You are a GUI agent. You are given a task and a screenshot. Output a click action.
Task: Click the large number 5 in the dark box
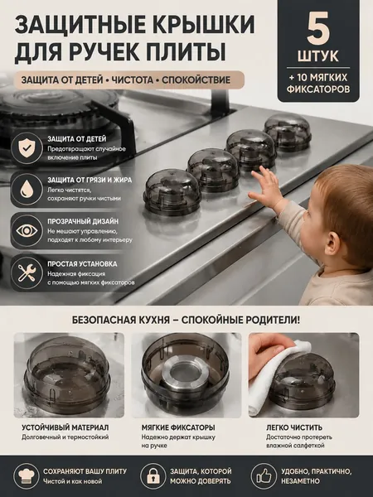pos(318,30)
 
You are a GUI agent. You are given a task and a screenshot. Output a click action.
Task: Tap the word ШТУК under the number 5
pos(318,56)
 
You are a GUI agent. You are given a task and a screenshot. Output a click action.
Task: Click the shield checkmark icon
pos(27,148)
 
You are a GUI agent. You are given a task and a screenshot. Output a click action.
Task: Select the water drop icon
pos(27,189)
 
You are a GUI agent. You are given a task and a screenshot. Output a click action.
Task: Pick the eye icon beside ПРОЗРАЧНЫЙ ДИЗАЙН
pos(27,230)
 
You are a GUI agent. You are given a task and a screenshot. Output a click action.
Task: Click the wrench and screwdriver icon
pos(27,273)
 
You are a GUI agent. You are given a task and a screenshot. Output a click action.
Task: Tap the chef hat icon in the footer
pos(27,475)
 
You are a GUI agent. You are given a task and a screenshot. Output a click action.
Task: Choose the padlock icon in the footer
pos(153,475)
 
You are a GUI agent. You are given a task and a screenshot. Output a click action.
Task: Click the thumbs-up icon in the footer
pos(264,475)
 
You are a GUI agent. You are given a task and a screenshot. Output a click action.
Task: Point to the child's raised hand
pos(266,188)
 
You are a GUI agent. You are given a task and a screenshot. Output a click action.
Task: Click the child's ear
pos(332,244)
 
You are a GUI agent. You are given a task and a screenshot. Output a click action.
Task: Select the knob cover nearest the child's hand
pos(251,149)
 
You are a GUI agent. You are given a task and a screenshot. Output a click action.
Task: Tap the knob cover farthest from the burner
pos(288,132)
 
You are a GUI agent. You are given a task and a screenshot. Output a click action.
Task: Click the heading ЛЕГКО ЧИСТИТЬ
pos(294,427)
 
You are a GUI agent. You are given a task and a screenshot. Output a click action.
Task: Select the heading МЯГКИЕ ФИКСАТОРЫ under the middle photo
pos(178,427)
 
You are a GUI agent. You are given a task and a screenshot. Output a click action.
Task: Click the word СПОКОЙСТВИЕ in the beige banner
pos(196,80)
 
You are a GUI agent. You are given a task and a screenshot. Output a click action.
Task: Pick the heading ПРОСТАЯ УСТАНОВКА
pos(82,263)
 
